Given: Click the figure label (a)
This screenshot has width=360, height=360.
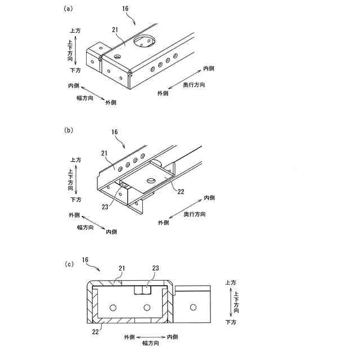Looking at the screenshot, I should [x=69, y=8].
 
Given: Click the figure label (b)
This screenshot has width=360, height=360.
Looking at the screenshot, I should [x=69, y=130].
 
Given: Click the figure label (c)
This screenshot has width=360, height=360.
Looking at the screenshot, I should [x=69, y=263].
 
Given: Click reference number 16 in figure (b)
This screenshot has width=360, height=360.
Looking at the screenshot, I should [x=114, y=132].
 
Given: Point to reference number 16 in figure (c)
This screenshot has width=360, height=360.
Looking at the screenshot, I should [x=85, y=260].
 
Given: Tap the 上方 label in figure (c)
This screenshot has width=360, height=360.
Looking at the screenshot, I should [x=231, y=283].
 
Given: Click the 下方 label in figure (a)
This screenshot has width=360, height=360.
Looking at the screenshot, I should [x=75, y=70].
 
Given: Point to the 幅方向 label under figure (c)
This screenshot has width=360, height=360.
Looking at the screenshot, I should [x=151, y=342].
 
